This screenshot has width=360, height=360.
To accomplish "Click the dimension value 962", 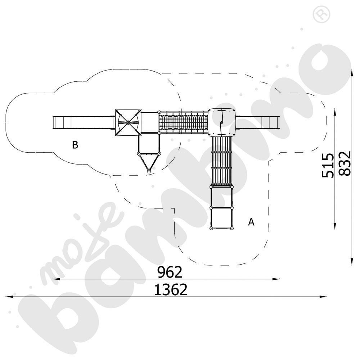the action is pos(170,272).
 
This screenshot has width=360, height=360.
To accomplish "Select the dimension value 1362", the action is pos(171,289).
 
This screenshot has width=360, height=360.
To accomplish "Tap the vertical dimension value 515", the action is pos(327,165).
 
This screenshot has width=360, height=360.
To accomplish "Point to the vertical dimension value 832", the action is pos(345,163).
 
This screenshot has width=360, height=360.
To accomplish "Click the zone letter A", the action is pos(251,222).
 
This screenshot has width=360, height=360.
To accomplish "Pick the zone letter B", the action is pos(75,145).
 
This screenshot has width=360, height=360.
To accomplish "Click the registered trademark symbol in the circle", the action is pos(321,14).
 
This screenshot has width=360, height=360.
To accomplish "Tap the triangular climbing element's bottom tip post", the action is pos(149,171).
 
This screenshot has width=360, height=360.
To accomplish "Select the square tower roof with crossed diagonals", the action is pos(128,123).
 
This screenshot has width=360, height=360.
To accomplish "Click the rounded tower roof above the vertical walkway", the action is pos(222,122).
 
